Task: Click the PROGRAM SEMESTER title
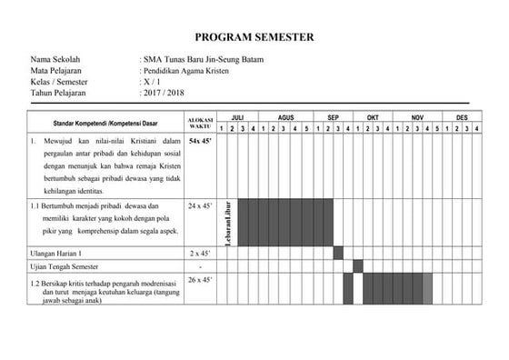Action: pos(254,37)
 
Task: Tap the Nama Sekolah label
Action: pos(55,59)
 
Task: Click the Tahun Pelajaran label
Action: pos(62,92)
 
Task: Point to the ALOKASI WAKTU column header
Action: pos(200,123)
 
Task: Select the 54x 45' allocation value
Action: pos(200,142)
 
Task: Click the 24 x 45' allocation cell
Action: pos(200,206)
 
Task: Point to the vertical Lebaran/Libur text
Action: pos(229,221)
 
